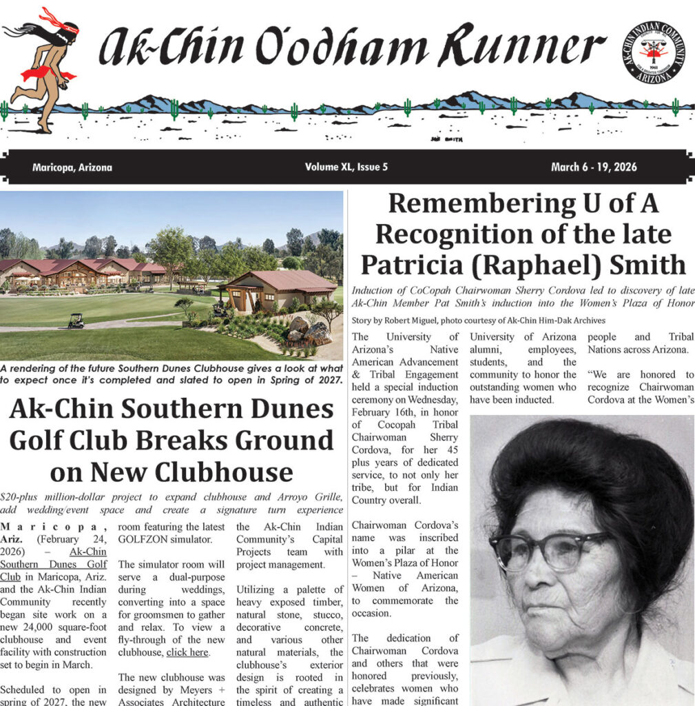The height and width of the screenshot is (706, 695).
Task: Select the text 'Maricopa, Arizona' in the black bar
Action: (x=72, y=168)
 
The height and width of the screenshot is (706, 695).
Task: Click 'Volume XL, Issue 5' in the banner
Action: (x=346, y=168)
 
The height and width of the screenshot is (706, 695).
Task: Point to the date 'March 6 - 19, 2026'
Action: (x=594, y=168)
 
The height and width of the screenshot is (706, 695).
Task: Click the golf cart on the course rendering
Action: (x=76, y=321)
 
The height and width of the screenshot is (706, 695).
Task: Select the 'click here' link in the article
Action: (x=187, y=652)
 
